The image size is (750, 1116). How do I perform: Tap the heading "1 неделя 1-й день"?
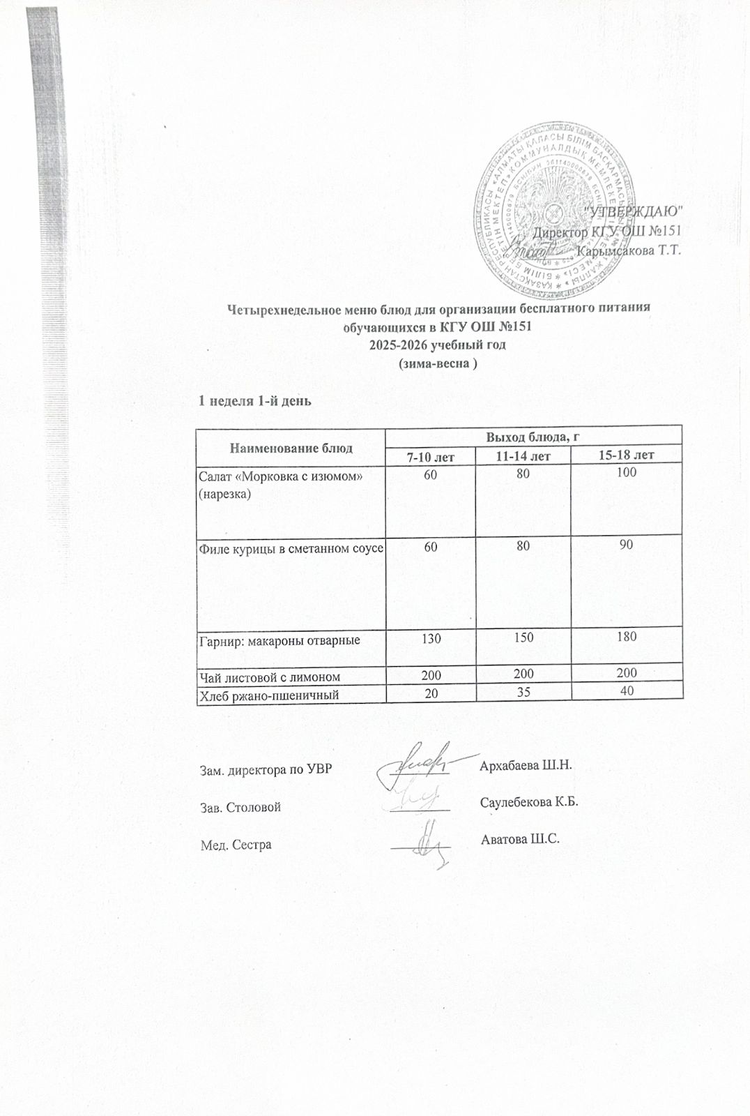(254, 401)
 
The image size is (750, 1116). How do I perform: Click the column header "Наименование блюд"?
(291, 448)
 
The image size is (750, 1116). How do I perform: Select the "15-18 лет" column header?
(627, 456)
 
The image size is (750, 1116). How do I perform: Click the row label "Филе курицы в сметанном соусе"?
(290, 548)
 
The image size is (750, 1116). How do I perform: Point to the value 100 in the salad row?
(627, 474)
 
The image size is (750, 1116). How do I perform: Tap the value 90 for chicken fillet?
(627, 545)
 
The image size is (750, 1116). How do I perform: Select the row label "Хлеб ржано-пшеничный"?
(271, 691)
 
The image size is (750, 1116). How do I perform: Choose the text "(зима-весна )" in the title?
(437, 363)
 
